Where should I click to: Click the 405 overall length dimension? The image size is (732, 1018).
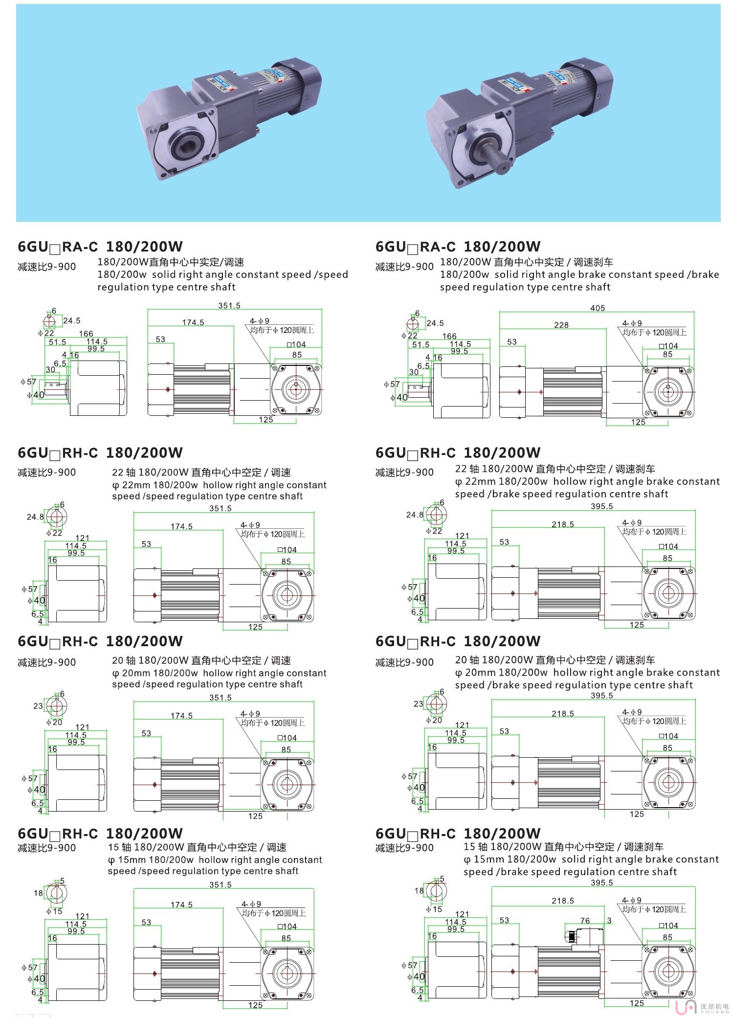(598, 308)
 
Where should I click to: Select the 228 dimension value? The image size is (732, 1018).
(561, 325)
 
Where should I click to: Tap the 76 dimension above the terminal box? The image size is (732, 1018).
(585, 920)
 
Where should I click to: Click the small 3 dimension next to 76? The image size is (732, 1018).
(609, 920)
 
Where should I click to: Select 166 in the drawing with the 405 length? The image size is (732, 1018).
(449, 336)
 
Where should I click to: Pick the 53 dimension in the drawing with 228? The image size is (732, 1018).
(511, 341)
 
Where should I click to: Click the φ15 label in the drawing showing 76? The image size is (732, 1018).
(434, 909)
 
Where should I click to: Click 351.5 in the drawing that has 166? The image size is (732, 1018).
(229, 306)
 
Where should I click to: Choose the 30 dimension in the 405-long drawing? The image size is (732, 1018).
(414, 372)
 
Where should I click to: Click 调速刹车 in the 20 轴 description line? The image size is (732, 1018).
(635, 660)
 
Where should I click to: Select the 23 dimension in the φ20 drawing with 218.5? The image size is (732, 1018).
(418, 703)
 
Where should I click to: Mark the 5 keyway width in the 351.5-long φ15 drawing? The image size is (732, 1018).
(62, 881)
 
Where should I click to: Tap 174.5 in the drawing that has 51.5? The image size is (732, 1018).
(193, 322)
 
